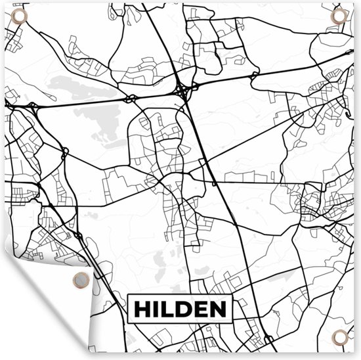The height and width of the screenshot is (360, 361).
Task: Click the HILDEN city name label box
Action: [x=180, y=308]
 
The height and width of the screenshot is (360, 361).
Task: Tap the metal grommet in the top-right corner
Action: [x=339, y=16]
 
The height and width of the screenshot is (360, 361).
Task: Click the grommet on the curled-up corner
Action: [x=79, y=279]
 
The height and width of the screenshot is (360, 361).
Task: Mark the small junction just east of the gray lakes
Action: [x=131, y=99]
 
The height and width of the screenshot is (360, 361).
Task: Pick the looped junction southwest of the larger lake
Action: [x=65, y=153]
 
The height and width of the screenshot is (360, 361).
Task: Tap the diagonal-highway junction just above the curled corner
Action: [x=77, y=235]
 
